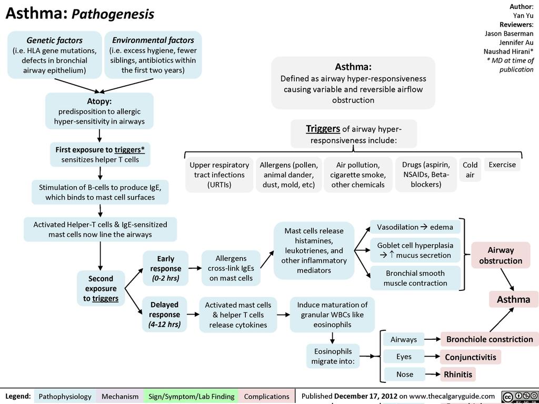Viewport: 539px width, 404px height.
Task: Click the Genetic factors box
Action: click(x=55, y=55)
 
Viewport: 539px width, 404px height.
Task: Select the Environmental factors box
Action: click(x=153, y=55)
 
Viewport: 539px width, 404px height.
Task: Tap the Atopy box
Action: click(x=99, y=111)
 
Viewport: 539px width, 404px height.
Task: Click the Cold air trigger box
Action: click(x=470, y=170)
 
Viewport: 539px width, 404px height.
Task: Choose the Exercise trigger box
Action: click(x=502, y=165)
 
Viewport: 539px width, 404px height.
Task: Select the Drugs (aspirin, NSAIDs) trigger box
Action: click(x=426, y=175)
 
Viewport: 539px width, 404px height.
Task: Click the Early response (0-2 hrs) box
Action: click(x=166, y=268)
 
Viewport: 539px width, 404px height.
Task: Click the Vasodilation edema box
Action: click(x=415, y=227)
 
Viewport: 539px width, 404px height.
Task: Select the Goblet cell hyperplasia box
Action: click(x=415, y=250)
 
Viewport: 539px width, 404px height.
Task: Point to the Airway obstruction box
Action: click(x=501, y=255)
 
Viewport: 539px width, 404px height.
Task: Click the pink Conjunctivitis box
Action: click(x=471, y=357)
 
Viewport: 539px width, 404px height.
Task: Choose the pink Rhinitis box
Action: click(x=458, y=375)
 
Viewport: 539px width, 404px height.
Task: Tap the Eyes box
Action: click(x=404, y=357)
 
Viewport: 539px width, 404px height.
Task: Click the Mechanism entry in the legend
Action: click(x=120, y=396)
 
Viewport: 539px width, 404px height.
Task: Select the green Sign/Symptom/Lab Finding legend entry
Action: click(x=192, y=396)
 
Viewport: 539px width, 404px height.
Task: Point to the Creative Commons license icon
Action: click(x=519, y=397)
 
